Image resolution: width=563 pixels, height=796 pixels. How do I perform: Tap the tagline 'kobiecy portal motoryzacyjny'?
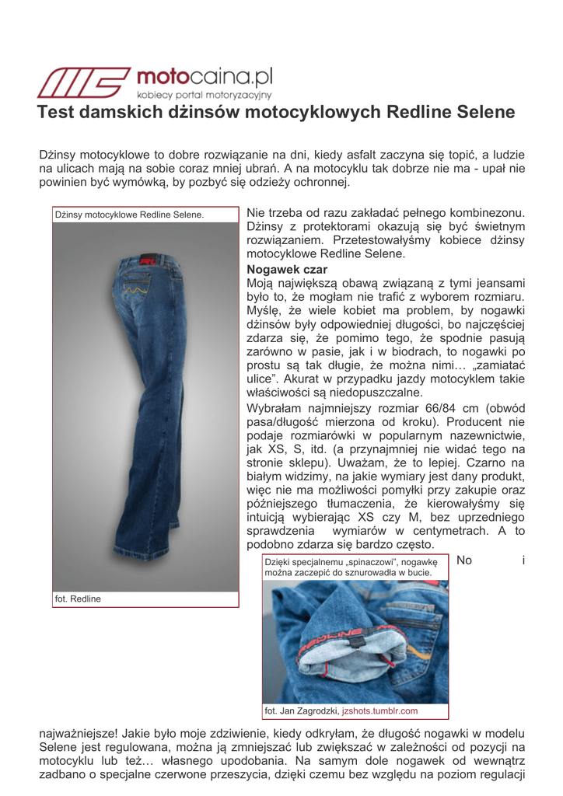pos(204,95)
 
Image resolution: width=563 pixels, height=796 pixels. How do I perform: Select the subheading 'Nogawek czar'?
pos(281,269)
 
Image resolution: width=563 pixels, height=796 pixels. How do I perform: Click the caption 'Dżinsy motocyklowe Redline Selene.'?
pos(129,215)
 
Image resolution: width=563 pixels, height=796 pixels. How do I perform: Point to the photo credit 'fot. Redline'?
pos(78,599)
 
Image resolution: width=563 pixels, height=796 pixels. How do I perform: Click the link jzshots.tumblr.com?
pos(379,710)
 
